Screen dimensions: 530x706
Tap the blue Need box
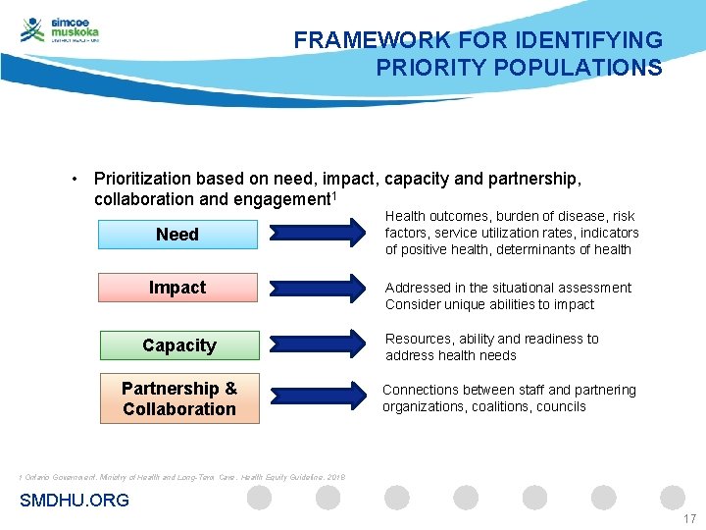pos(177,235)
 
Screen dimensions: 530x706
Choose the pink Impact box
pos(177,288)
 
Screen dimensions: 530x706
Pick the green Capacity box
pos(179,345)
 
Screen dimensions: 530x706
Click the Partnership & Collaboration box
pos(179,398)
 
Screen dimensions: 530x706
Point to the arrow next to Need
pos(314,234)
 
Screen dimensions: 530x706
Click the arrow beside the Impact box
pos(314,288)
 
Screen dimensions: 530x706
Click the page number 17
pos(688,519)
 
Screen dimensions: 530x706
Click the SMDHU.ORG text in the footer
pos(75,501)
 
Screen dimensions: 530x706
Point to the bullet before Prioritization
pos(75,180)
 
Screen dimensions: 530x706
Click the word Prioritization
pos(142,179)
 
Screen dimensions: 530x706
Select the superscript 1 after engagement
pos(335,194)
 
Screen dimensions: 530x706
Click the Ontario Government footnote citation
pos(176,477)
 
